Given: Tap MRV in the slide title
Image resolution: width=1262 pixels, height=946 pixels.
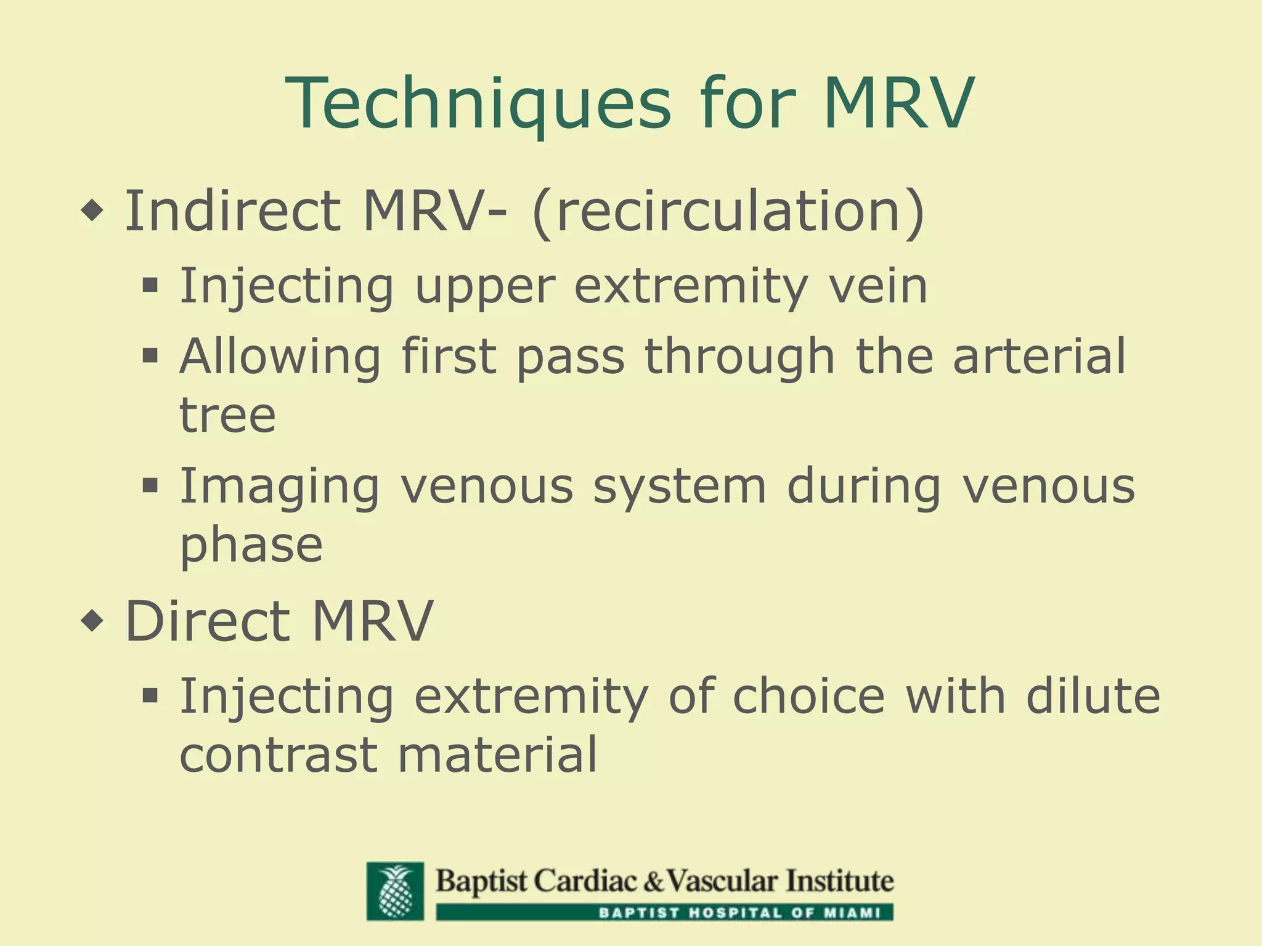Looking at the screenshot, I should pyautogui.click(x=898, y=103).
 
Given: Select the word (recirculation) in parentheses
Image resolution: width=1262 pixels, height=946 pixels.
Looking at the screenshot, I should pyautogui.click(x=728, y=211).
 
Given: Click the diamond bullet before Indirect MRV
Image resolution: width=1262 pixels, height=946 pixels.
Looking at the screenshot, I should pyautogui.click(x=92, y=211).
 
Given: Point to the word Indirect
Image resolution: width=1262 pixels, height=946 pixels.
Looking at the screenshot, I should pyautogui.click(x=232, y=211).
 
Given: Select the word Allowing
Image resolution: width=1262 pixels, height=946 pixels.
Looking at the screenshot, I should pyautogui.click(x=280, y=357).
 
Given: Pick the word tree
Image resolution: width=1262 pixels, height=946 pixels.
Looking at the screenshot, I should pyautogui.click(x=227, y=415).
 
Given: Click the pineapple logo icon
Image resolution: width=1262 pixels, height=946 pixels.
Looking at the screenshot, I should pyautogui.click(x=395, y=891).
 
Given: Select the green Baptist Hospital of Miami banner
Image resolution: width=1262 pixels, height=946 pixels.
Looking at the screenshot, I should pyautogui.click(x=664, y=912).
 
